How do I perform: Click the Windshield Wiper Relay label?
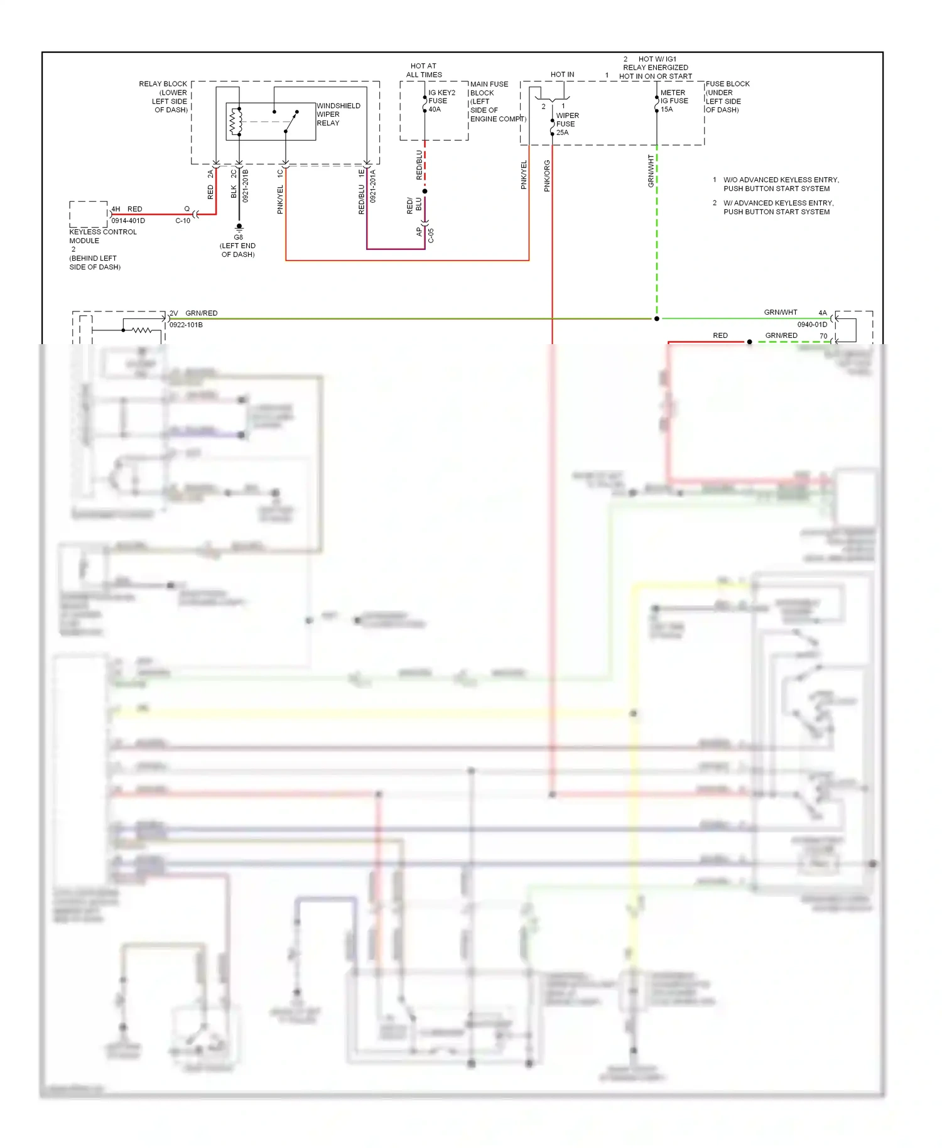tap(338, 114)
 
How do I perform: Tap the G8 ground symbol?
tap(239, 227)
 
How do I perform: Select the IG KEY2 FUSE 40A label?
tap(441, 100)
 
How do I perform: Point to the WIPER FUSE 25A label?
tap(567, 124)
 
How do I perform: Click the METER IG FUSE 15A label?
tap(674, 100)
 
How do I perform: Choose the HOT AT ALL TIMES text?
tap(423, 70)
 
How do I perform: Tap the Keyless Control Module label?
tap(102, 236)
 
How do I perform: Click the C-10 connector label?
tap(183, 221)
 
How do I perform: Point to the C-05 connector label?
tap(431, 236)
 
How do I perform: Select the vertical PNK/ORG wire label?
tap(547, 176)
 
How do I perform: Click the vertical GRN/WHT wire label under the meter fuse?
tap(651, 171)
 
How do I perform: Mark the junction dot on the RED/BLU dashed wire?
tap(425, 191)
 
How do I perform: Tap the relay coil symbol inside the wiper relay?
tap(237, 122)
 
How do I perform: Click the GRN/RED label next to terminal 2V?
tap(201, 313)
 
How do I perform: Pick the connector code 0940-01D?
tap(812, 325)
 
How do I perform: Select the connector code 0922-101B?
tap(186, 325)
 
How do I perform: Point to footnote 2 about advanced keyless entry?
tap(777, 207)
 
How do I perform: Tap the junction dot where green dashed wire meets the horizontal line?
tap(657, 319)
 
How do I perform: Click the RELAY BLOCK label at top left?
tap(164, 97)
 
